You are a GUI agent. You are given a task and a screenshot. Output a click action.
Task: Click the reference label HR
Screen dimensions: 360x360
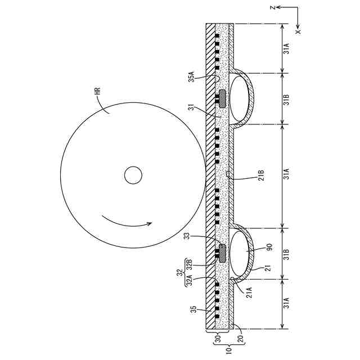point(97,91)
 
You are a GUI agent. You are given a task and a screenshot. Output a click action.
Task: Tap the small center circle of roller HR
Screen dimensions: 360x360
point(133,175)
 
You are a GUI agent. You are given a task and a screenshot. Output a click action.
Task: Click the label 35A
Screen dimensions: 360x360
point(192,76)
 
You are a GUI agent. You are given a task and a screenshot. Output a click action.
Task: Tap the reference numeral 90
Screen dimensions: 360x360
point(269,247)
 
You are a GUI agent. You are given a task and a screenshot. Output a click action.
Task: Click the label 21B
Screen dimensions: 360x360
point(262,175)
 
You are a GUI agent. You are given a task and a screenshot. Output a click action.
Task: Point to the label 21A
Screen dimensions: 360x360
point(249,292)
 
